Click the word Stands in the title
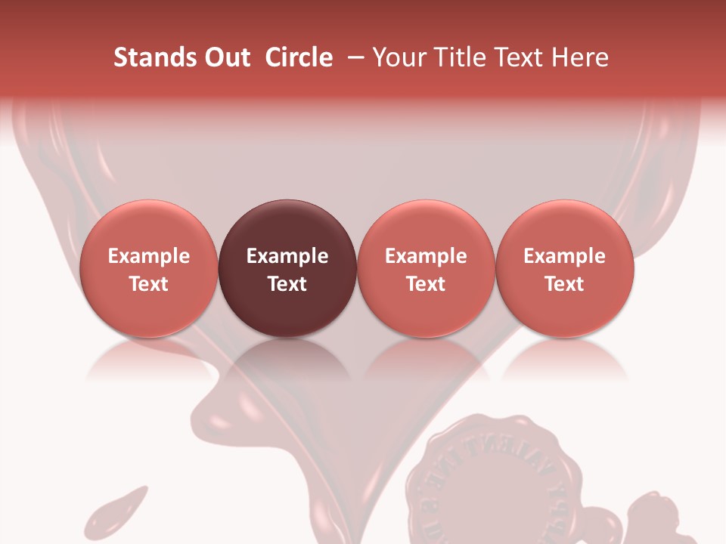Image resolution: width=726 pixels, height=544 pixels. tap(155, 57)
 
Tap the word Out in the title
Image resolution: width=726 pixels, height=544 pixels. tap(227, 57)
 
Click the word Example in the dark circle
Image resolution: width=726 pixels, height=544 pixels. tap(287, 256)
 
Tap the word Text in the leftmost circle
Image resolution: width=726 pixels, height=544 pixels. tap(148, 284)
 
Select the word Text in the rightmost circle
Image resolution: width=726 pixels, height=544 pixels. tap(564, 284)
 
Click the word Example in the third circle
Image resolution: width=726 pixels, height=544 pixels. tap(426, 256)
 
